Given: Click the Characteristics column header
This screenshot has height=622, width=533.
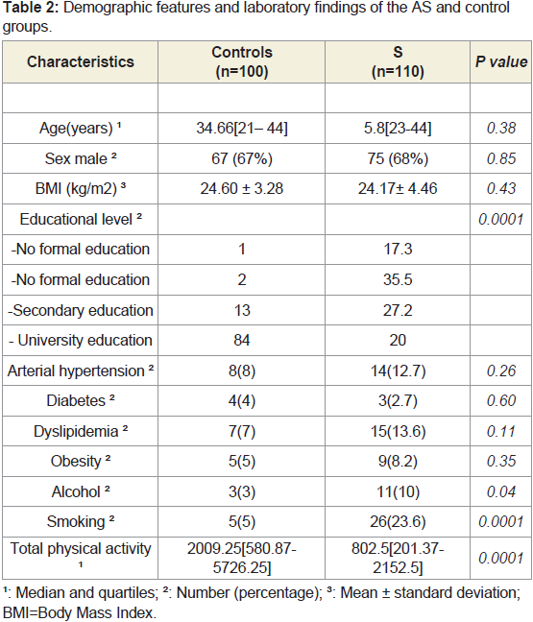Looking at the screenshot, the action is [x=81, y=61].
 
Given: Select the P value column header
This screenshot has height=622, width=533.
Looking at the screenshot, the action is [x=501, y=61].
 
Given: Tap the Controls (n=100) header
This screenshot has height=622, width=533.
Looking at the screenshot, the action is [x=242, y=61].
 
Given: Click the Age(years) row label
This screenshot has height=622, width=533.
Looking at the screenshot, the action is [x=80, y=128].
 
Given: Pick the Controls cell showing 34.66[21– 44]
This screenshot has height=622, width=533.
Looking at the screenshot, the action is [x=242, y=128].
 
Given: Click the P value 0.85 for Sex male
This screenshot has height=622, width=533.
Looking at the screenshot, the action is [x=501, y=158].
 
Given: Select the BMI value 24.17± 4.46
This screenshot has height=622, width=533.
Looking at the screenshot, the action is [x=398, y=188].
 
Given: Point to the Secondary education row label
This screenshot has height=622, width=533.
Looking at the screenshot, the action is [x=80, y=310].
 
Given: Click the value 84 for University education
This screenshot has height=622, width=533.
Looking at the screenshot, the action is [x=242, y=341].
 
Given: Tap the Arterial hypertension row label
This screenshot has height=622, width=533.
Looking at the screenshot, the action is [x=80, y=371].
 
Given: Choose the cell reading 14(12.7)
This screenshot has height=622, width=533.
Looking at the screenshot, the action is [x=398, y=371].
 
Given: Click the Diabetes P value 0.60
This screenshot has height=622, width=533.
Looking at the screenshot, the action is [x=501, y=400].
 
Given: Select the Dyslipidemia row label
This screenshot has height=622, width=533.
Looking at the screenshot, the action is [x=80, y=431].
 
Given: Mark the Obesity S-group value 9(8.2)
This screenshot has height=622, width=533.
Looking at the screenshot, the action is [x=398, y=462].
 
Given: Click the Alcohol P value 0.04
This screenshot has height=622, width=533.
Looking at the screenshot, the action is [x=501, y=491].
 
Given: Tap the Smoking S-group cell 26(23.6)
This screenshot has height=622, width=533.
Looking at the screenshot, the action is [x=398, y=521].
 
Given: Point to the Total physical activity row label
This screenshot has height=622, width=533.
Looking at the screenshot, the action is [x=80, y=554].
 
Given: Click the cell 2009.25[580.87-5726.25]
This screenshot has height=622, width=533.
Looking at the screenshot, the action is [x=242, y=558].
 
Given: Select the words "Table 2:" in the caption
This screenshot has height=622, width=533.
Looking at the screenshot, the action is [x=30, y=8].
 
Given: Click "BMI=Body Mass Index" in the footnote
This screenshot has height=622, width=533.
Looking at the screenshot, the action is [x=79, y=612].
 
